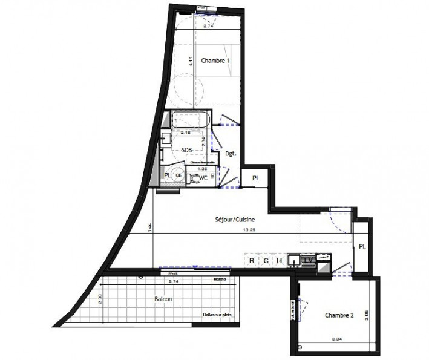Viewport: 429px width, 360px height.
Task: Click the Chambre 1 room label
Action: point(216,61)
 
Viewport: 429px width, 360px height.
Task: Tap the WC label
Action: point(205,178)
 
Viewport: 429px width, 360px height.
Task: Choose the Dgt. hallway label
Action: point(230,154)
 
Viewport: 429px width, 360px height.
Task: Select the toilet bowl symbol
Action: point(192,178)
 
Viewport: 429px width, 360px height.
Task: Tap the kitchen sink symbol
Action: point(294,261)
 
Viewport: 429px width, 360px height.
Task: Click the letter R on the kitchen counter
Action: point(251,261)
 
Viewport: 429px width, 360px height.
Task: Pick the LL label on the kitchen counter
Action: point(280,261)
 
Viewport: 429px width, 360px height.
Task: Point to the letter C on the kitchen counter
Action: point(266,261)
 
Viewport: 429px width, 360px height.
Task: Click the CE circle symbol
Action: point(178,175)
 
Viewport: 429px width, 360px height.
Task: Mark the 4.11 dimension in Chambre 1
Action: point(190,61)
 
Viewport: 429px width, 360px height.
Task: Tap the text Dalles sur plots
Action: point(218,315)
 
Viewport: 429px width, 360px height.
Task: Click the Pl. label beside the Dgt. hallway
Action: point(255,179)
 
